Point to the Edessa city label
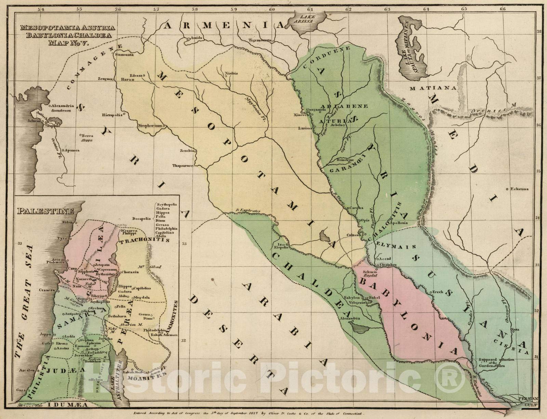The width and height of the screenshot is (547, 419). pyautogui.click(x=136, y=75)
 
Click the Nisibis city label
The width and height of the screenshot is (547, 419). pyautogui.click(x=231, y=73)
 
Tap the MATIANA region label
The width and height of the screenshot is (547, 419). pyautogui.click(x=433, y=88)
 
